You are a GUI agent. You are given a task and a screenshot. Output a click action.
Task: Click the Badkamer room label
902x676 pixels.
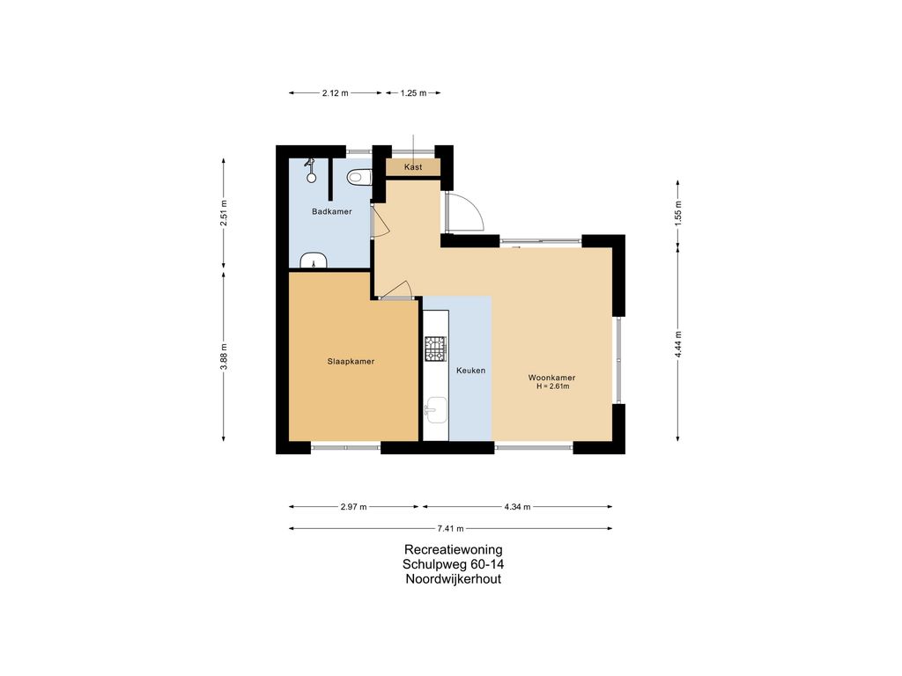[x=332, y=211]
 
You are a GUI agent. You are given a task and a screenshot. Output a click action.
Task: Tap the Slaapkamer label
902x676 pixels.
[x=351, y=362]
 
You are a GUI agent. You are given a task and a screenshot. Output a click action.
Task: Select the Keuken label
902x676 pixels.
[x=470, y=371]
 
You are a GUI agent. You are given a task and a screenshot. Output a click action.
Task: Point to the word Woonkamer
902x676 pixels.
[x=551, y=378]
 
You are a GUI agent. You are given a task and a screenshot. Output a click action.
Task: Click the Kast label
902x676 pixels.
[x=413, y=167]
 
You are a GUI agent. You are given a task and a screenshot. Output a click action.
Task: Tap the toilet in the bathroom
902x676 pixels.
[x=359, y=177]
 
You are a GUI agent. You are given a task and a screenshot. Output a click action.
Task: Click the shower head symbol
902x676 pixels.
[x=311, y=171]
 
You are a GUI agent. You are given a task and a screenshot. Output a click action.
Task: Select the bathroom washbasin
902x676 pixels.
[x=314, y=261]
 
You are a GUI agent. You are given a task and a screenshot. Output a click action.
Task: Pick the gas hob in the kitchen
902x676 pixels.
[x=435, y=349]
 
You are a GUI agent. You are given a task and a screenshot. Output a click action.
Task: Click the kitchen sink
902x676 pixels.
[x=436, y=410]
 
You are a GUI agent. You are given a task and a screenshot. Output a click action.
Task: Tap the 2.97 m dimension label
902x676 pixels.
[x=354, y=507]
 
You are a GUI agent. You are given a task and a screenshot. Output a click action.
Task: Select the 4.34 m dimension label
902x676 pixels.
[x=517, y=507]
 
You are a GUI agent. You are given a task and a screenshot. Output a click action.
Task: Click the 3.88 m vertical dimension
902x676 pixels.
[x=224, y=357]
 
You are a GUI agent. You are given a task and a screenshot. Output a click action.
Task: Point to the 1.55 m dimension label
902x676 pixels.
[x=678, y=211]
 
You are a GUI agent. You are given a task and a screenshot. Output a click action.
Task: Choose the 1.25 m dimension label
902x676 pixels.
[x=414, y=93]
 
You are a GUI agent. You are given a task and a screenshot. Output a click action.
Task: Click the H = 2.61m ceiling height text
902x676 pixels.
[x=553, y=387]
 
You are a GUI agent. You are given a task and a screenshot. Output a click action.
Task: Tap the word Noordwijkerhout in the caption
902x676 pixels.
[x=454, y=579]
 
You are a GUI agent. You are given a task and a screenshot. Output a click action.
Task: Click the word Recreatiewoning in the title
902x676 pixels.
[x=454, y=549]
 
